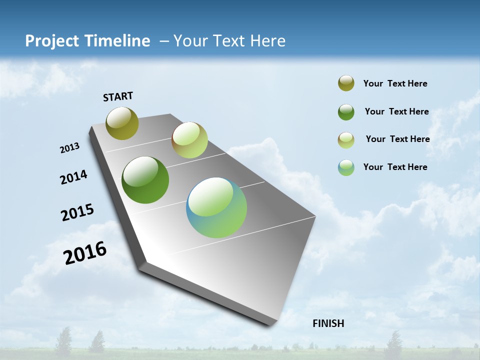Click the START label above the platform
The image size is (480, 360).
tap(118, 96)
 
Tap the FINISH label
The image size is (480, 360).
tap(328, 323)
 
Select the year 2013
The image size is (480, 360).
tap(69, 148)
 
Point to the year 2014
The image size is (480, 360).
tap(73, 177)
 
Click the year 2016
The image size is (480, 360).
tap(85, 253)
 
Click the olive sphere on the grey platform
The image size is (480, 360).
tap(122, 123)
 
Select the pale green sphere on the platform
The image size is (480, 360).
tap(189, 140)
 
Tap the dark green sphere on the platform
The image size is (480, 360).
tap(145, 180)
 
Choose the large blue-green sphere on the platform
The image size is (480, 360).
tap(216, 207)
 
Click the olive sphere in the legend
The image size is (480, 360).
tap(346, 83)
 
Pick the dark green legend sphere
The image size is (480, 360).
tap(346, 112)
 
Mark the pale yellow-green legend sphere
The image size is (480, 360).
tap(346, 139)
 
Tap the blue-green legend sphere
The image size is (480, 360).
tap(346, 167)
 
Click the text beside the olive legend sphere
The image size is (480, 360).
tap(395, 84)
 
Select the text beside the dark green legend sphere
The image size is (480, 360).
tap(396, 111)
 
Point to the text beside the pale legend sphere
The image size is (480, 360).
tap(397, 139)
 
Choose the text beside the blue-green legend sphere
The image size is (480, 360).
tap(395, 167)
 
